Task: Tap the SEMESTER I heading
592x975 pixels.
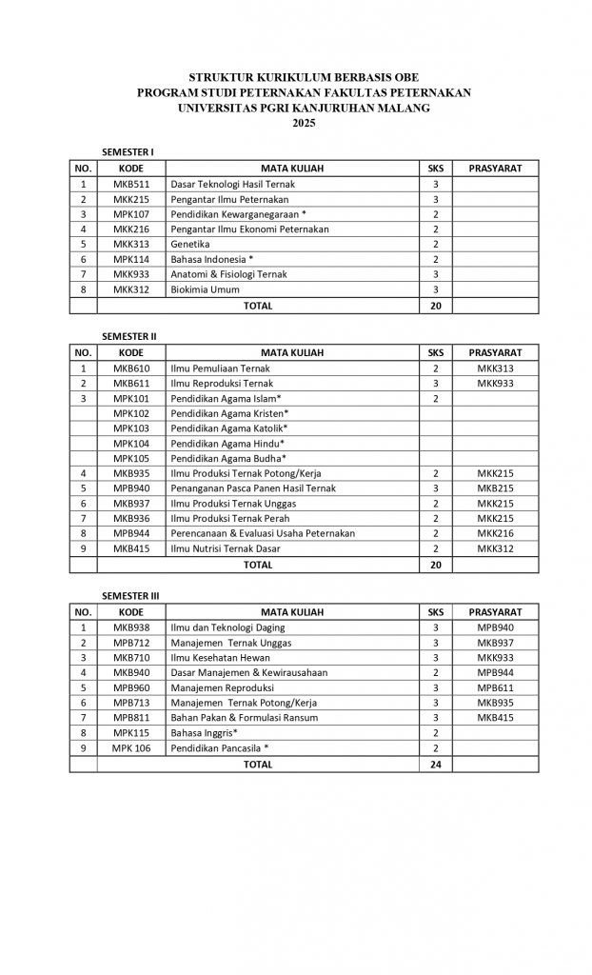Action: coord(128,152)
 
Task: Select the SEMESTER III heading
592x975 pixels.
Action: coord(131,595)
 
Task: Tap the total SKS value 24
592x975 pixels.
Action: coord(436,764)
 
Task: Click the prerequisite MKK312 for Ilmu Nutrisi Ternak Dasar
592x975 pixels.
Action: coord(496,549)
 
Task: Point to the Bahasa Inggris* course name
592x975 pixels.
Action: coord(204,733)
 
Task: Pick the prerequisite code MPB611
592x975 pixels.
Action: coord(496,687)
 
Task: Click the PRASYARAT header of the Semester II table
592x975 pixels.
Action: coord(496,351)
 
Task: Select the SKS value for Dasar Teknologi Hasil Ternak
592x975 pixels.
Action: coord(436,184)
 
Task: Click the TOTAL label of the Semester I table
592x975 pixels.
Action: coord(258,306)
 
